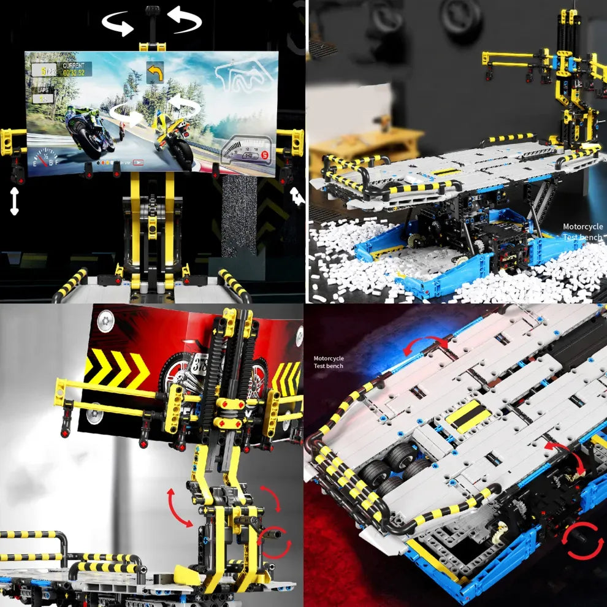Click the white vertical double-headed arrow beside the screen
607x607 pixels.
pos(14,201)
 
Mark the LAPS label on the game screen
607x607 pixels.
pos(43,90)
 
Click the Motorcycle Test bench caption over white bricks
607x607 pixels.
pos(582,231)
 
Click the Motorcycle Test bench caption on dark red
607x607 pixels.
pos(329,362)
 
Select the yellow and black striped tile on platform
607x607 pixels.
pos(467,418)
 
